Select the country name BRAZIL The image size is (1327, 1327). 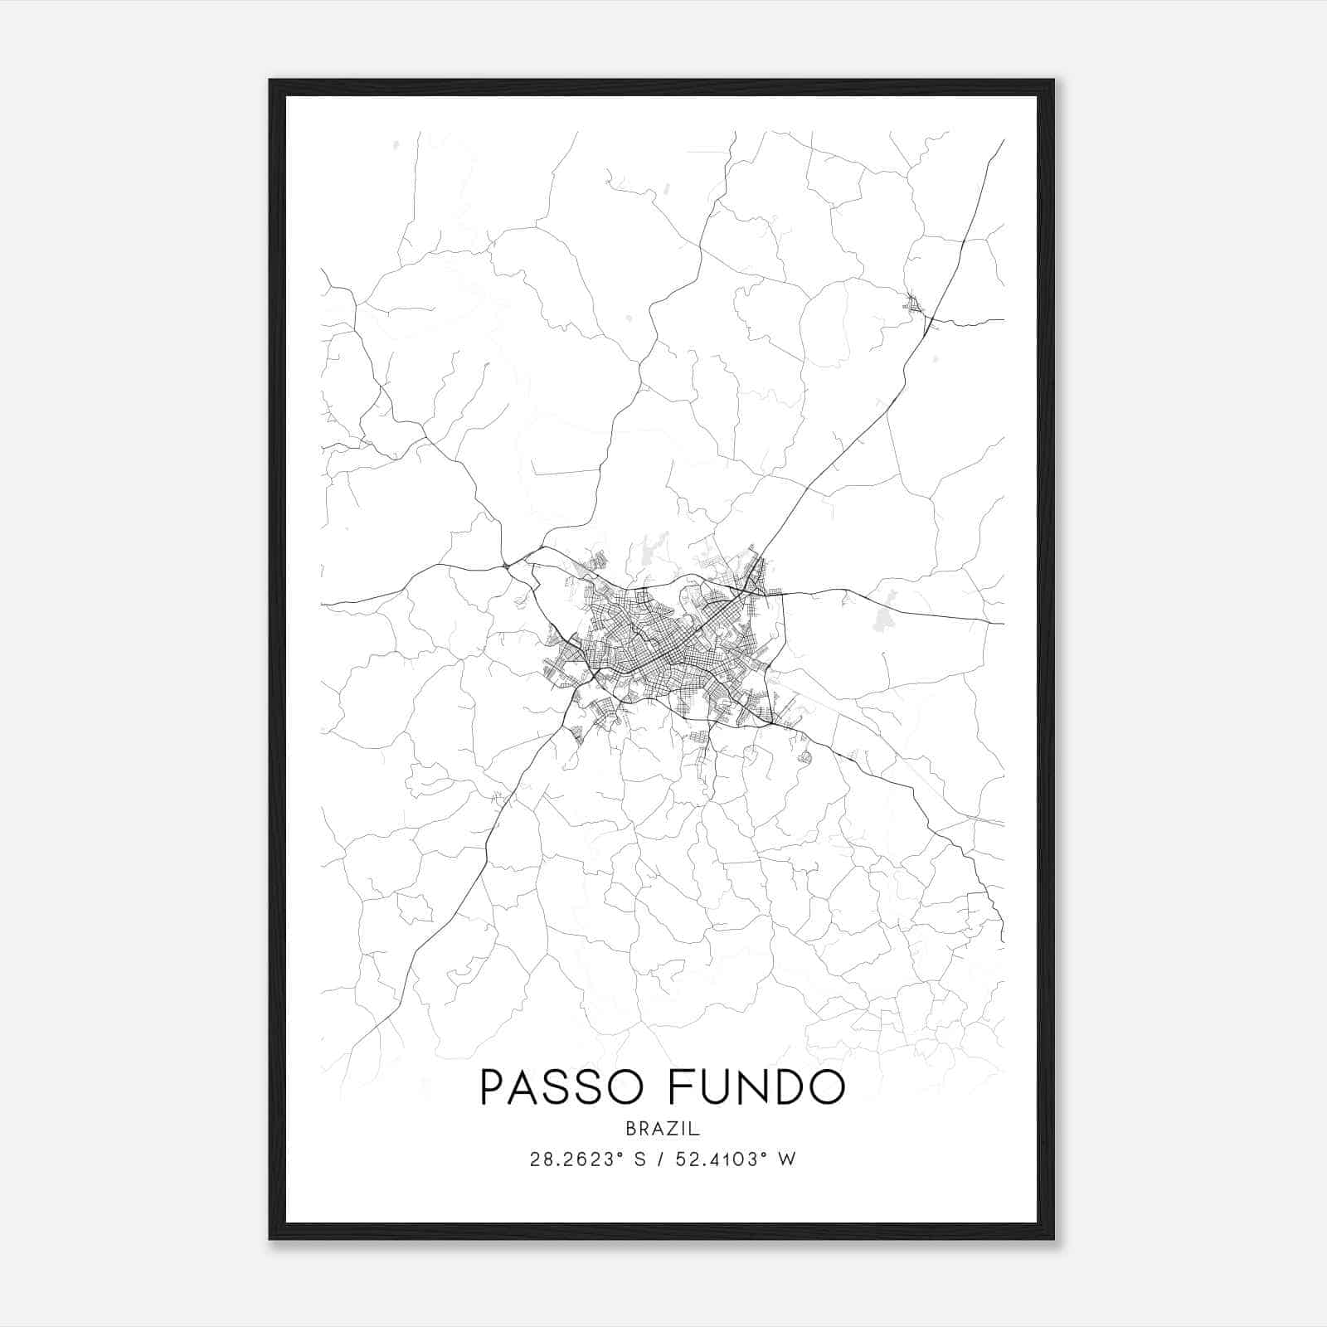tap(663, 1129)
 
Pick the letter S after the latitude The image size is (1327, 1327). tap(638, 1159)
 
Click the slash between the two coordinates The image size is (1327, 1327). tap(659, 1159)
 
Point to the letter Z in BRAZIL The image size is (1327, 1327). tap(673, 1129)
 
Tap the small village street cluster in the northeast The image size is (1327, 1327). tap(915, 305)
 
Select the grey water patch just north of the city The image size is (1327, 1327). tap(644, 552)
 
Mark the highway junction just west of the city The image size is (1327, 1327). tap(506, 566)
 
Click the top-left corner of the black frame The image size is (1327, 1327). tap(270, 80)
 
